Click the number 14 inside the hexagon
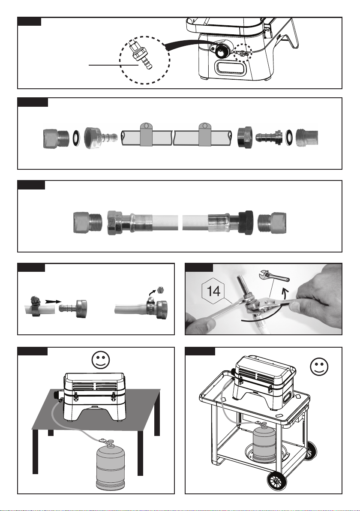(x=213, y=291)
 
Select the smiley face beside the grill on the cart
(x=319, y=367)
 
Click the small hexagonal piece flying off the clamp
(x=159, y=290)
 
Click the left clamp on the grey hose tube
(x=146, y=134)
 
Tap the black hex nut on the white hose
(x=246, y=222)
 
